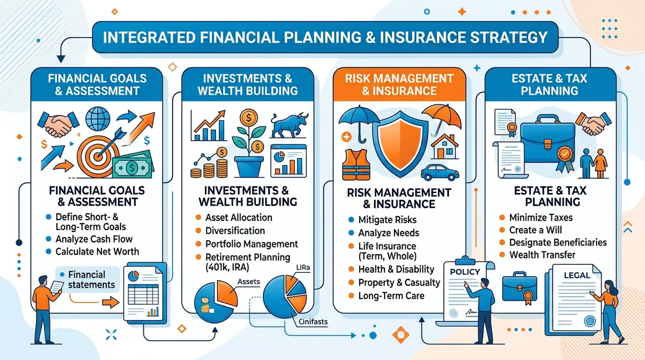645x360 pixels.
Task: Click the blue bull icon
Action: point(289,125)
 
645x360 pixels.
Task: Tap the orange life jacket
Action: point(356,165)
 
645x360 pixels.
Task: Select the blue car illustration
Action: point(440,172)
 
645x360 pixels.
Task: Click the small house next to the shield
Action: point(445,147)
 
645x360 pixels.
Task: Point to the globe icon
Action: point(98,119)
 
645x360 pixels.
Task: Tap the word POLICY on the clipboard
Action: point(465,272)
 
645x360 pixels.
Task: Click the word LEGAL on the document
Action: point(577,276)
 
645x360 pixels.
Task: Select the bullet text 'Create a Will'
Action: point(535,230)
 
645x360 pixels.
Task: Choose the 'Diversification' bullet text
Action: point(235,231)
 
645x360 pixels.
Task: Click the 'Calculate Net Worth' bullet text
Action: point(97,251)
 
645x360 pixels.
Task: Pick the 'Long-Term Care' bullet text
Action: point(391,296)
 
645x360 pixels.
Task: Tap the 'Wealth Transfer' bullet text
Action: point(542,255)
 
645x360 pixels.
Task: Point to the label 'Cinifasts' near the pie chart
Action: point(313,322)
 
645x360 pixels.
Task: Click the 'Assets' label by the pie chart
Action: point(248,282)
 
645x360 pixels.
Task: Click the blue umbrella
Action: point(359,123)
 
